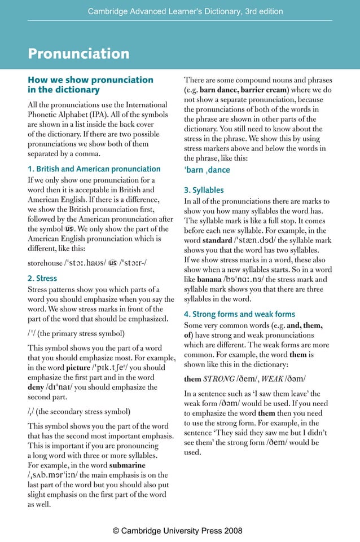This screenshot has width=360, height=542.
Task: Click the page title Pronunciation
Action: click(78, 54)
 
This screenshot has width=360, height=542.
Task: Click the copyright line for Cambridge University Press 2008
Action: click(178, 531)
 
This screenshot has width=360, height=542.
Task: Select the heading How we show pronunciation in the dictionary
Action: click(90, 85)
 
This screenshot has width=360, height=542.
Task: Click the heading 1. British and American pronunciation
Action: click(94, 169)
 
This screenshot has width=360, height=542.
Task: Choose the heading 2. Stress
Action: click(42, 278)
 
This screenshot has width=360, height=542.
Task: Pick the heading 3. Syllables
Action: click(204, 190)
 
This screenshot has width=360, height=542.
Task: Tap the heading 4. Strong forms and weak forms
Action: click(239, 314)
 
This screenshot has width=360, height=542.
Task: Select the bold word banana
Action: click(209, 279)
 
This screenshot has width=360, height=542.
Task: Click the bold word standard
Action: click(217, 241)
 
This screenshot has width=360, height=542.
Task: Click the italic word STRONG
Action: click(222, 379)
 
